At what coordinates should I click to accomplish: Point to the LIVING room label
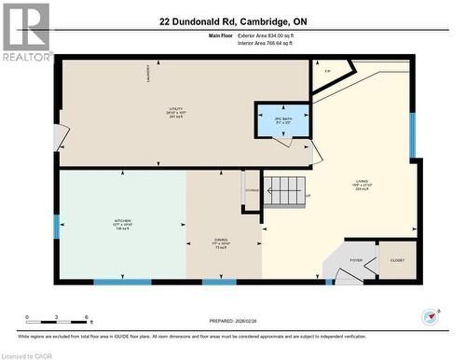pyautogui.click(x=362, y=184)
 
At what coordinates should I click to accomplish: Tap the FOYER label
pyautogui.click(x=356, y=261)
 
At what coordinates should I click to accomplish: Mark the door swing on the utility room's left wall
pyautogui.click(x=61, y=138)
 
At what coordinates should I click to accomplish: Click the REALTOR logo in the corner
pyautogui.click(x=25, y=31)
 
